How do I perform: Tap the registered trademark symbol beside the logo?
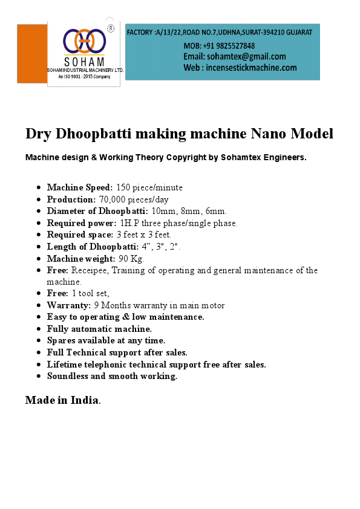click(111, 28)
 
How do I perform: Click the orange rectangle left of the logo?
click(32, 54)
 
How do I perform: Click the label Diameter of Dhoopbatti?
click(97, 211)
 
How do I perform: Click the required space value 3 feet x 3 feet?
click(143, 235)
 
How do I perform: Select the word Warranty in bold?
click(69, 305)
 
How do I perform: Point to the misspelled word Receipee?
click(93, 270)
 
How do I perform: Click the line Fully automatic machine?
click(99, 329)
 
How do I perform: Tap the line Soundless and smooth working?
click(112, 376)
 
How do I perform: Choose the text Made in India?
click(62, 400)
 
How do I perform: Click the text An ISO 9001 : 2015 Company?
click(84, 77)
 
